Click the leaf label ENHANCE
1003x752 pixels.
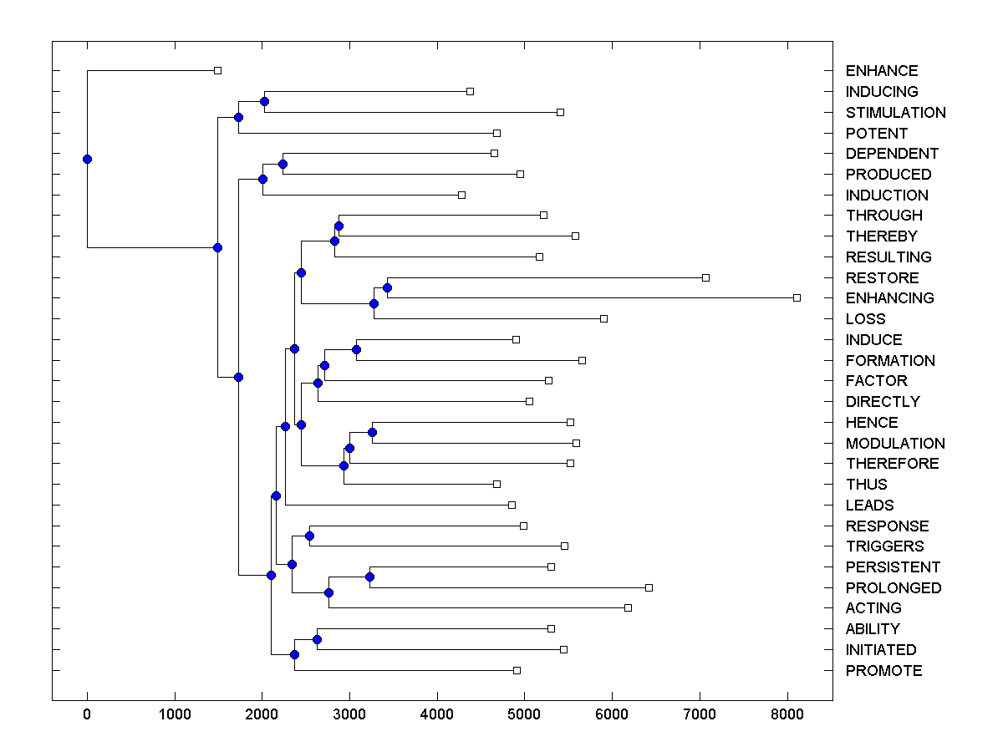pos(881,71)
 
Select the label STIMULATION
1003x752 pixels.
pos(895,113)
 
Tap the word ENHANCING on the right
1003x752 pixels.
pos(889,298)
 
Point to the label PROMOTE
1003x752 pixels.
pos(883,671)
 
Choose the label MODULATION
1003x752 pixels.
pos(895,444)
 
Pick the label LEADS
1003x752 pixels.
pos(869,506)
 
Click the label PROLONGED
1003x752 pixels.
pos(893,588)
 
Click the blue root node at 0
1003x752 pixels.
pos(87,159)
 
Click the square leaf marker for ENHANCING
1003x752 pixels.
pos(797,297)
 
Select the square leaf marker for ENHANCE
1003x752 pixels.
pos(217,70)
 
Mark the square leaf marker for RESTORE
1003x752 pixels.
pos(705,277)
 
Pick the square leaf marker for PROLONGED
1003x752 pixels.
pos(649,587)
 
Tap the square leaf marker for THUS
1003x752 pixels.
pos(496,484)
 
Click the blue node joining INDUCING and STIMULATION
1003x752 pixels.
pos(264,101)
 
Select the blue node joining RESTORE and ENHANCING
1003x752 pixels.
pos(387,287)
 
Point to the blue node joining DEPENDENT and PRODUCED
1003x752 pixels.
pos(283,164)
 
